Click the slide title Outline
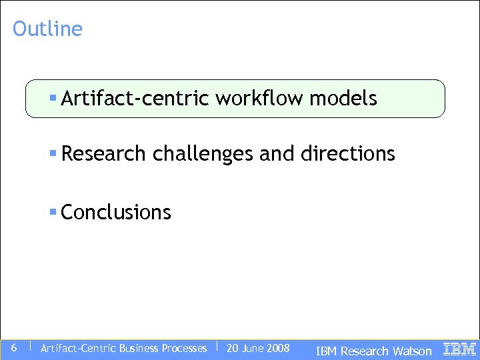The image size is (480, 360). tap(47, 29)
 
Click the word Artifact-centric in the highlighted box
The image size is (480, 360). tap(135, 99)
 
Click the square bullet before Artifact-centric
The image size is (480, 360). tap(53, 99)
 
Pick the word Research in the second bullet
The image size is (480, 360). tap(104, 154)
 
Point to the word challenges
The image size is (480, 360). tap(203, 154)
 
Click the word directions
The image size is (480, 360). tap(347, 154)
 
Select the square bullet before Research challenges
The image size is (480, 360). tap(53, 154)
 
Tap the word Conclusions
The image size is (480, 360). tap(116, 213)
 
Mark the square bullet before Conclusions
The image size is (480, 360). tap(53, 213)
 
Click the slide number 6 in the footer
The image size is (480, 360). tap(14, 347)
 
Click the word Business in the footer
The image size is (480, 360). tap(139, 348)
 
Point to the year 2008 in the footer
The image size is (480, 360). tap(277, 348)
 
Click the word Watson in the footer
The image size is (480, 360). tap(412, 351)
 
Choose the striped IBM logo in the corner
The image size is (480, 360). tap(459, 349)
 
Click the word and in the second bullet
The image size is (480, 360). tap(276, 154)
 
